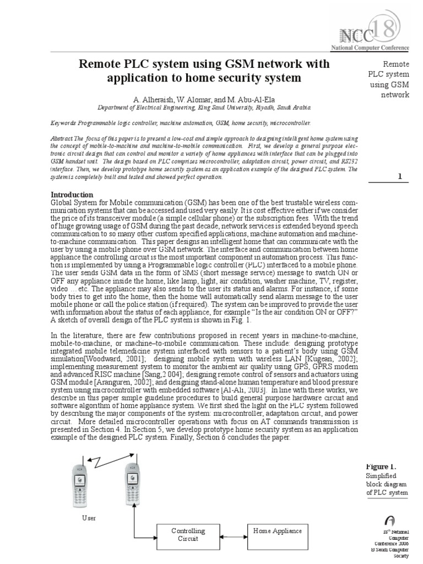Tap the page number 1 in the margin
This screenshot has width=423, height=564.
click(x=400, y=176)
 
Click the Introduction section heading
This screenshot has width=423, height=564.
click(x=72, y=194)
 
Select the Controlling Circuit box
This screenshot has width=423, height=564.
click(x=188, y=535)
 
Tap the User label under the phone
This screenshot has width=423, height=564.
click(x=89, y=518)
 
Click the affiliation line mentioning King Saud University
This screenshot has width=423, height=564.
click(x=204, y=108)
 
